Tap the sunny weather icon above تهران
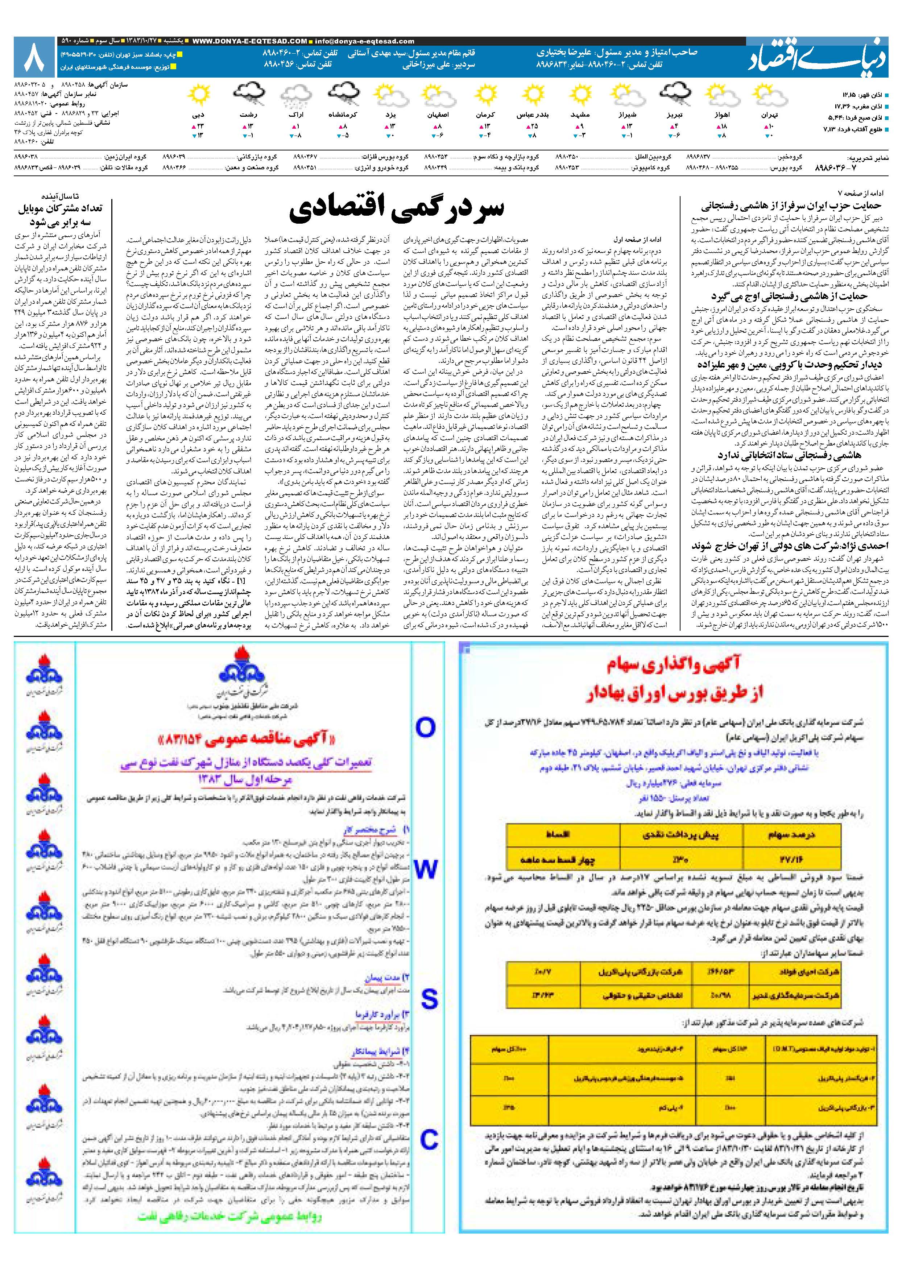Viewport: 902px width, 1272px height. (769, 95)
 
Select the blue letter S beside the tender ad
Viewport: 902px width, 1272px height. (429, 1000)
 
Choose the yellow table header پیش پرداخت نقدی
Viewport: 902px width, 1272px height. (680, 834)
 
